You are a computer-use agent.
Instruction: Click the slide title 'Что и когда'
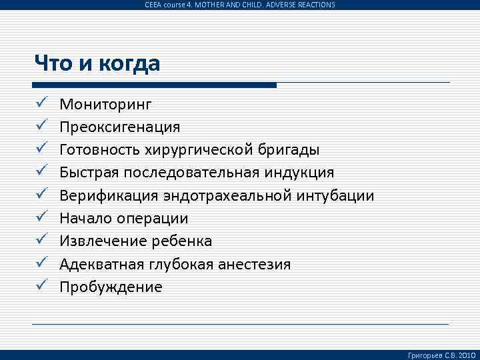click(x=97, y=64)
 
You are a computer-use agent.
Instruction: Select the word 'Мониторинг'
click(x=105, y=104)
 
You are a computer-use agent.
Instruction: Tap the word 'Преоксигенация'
click(x=120, y=127)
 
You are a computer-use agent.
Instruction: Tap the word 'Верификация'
click(x=109, y=196)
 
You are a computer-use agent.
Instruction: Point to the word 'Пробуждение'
click(x=111, y=287)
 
